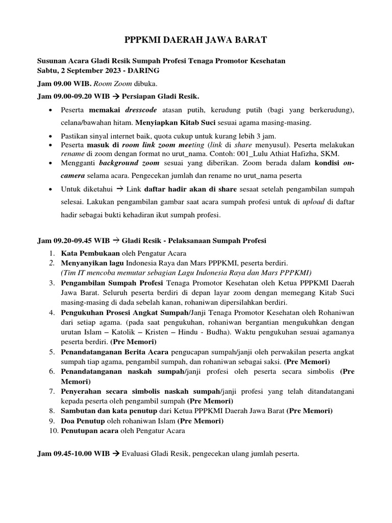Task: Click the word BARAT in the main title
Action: [248, 39]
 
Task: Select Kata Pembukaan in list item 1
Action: [90, 253]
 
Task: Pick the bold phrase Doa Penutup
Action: [83, 421]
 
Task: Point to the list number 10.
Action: [52, 431]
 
